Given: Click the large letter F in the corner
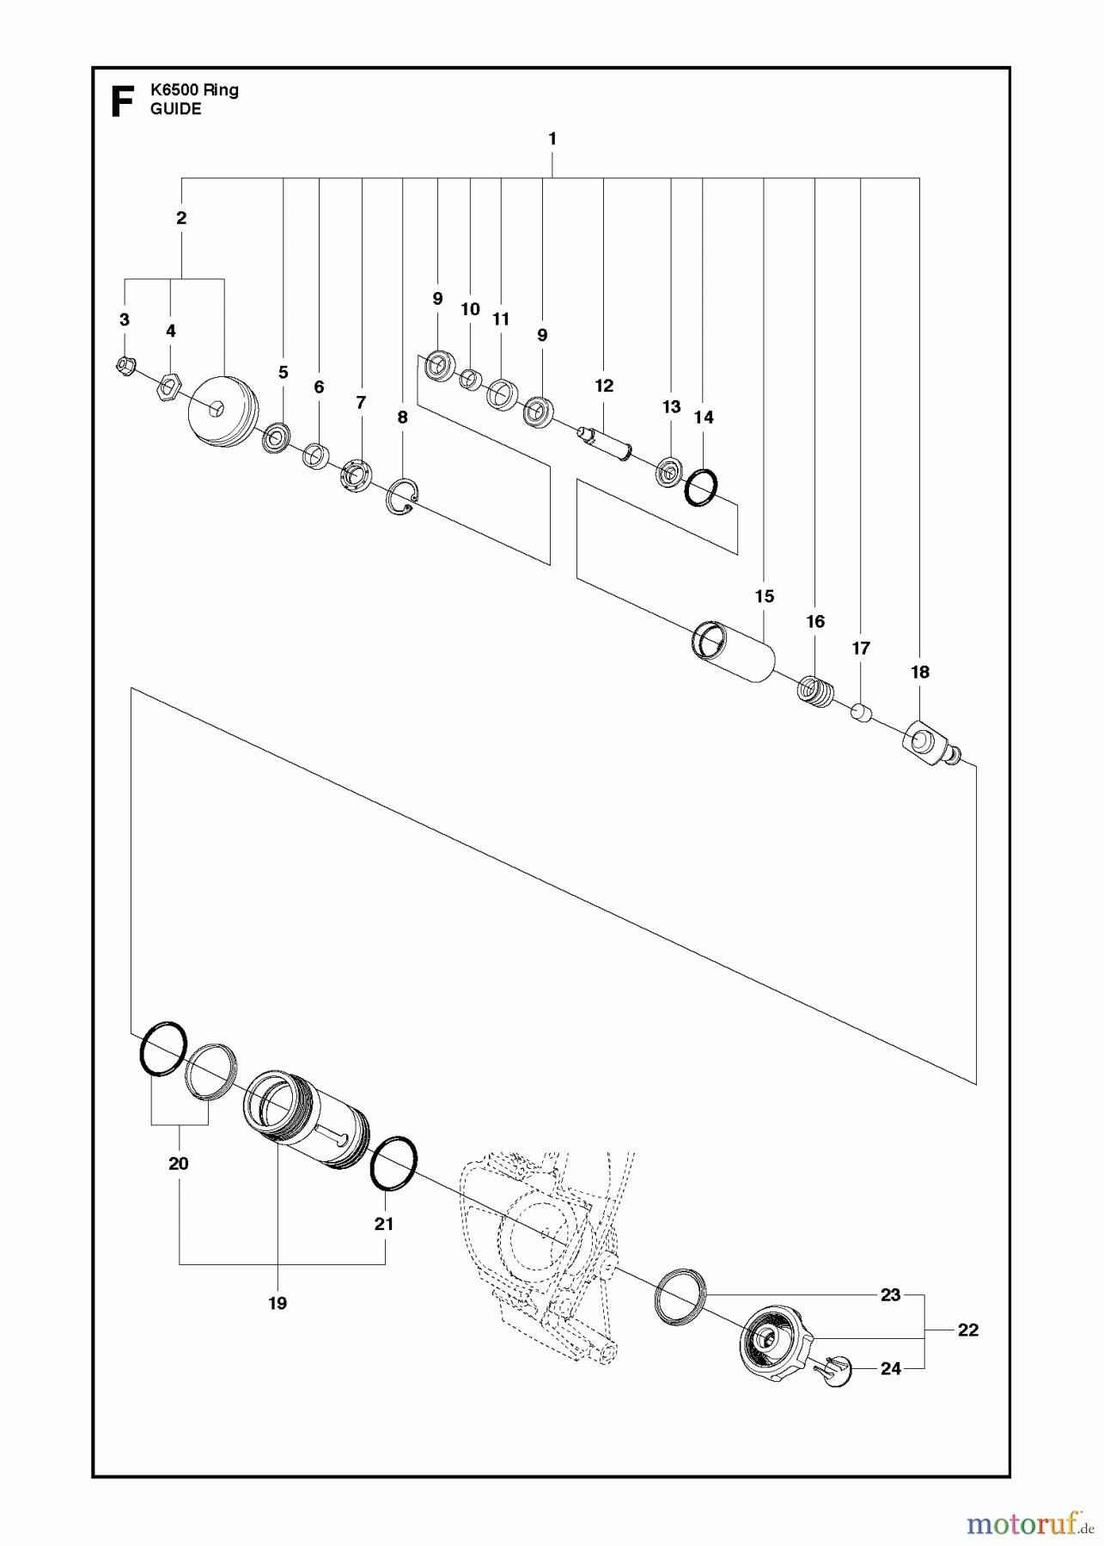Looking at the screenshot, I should [123, 101].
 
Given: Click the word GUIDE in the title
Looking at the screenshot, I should [175, 109].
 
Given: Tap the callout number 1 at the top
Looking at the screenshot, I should [552, 138].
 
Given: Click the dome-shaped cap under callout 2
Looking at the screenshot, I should [222, 409].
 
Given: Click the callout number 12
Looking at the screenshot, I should [604, 386].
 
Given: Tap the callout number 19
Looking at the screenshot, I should [277, 1303].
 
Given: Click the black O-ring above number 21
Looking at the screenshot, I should [393, 1165].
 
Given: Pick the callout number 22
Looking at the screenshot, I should [967, 1330].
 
